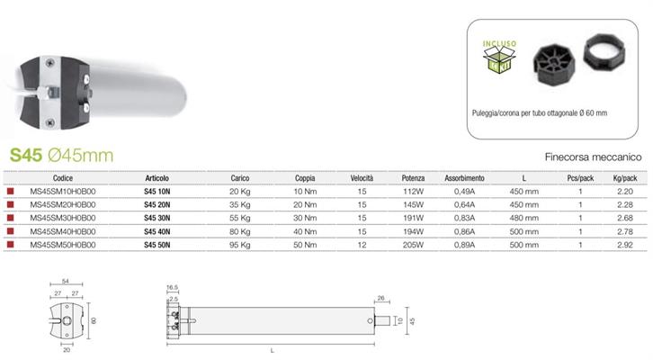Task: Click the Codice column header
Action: point(63,178)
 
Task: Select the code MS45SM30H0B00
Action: point(63,218)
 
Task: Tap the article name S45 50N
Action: point(157,245)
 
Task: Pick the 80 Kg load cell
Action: point(240,231)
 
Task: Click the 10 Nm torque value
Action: point(305,192)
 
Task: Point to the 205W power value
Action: point(413,245)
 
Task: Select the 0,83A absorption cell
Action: point(464,218)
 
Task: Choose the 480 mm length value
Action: point(523,218)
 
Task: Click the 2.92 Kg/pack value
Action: point(625,245)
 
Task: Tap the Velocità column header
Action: point(362,178)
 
